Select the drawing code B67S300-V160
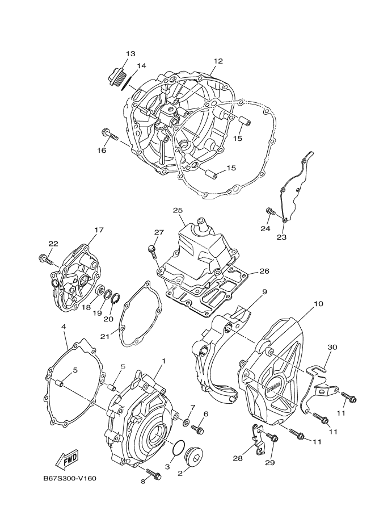pyautogui.click(x=70, y=478)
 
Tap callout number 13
pyautogui.click(x=130, y=54)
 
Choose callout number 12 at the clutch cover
pyautogui.click(x=218, y=61)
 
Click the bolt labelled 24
pyautogui.click(x=271, y=212)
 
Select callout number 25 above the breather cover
pyautogui.click(x=178, y=211)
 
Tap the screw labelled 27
pyautogui.click(x=152, y=249)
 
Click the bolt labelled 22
pyautogui.click(x=46, y=260)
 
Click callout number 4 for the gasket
pyautogui.click(x=64, y=327)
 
